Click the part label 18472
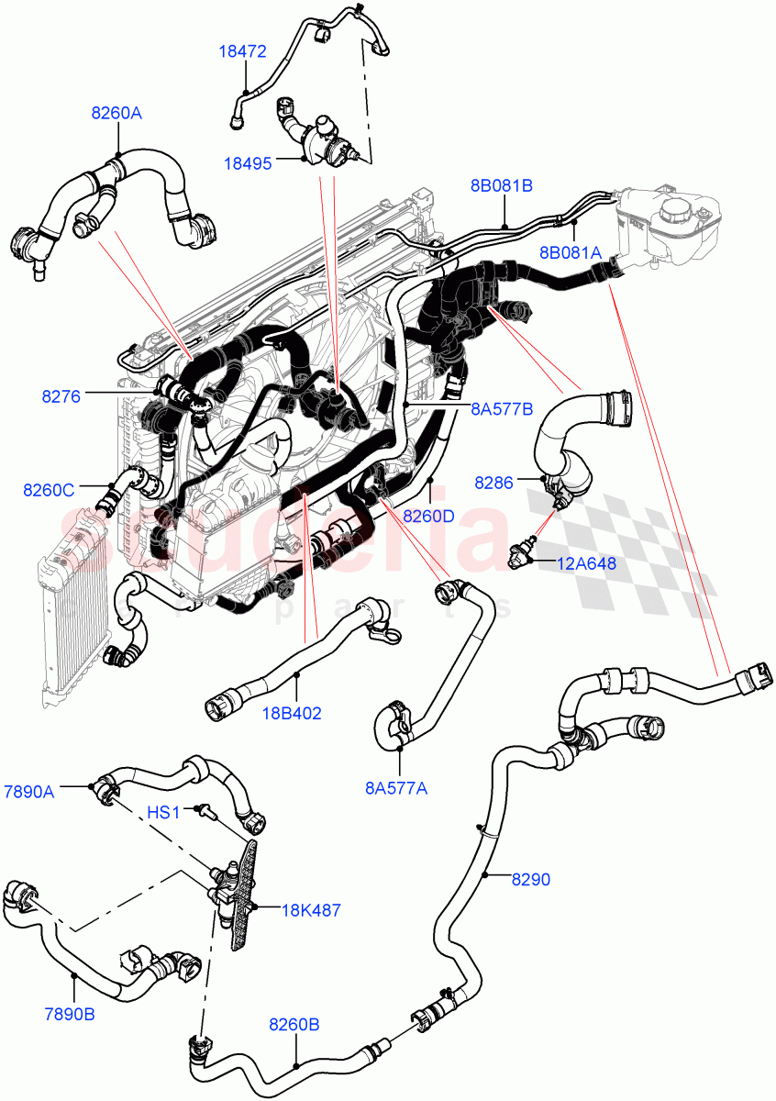[x=242, y=52]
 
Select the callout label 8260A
[x=116, y=113]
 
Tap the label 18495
[x=248, y=163]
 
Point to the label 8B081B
[x=502, y=186]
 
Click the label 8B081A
[x=570, y=252]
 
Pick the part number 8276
[x=61, y=396]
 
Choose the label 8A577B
[x=502, y=410]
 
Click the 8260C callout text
[x=49, y=490]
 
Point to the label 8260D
[x=429, y=516]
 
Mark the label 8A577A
[x=396, y=786]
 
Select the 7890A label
[x=28, y=792]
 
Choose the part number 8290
[x=531, y=879]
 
